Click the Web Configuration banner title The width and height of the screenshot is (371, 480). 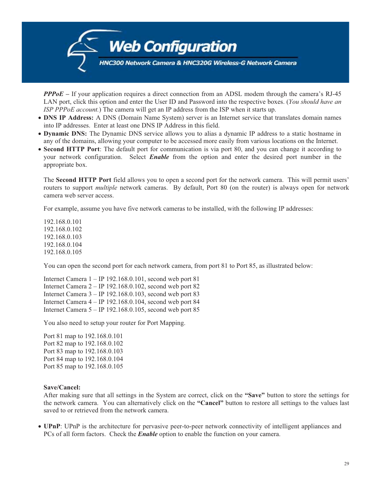point(173,47)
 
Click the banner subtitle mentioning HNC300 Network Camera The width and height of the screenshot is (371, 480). point(198,63)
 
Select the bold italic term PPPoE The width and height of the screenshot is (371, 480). point(53,94)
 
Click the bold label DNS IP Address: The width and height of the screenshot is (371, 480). point(68,118)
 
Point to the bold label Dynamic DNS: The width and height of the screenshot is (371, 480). point(65,134)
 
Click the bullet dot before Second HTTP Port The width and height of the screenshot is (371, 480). point(40,150)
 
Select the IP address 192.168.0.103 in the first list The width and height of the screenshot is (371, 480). point(63,237)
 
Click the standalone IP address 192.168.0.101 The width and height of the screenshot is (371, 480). point(63,222)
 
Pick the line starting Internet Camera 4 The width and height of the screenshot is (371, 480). point(121,302)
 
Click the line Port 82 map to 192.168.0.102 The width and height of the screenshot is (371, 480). point(83,344)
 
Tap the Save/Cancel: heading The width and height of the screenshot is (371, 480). point(62,387)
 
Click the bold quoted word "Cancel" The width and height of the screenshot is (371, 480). point(210,403)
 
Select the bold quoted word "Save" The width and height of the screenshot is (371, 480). point(255,395)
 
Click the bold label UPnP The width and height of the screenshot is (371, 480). point(52,426)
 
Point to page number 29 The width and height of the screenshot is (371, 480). point(346,464)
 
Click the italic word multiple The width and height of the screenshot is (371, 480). point(106,188)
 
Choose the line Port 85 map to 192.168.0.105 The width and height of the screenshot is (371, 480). point(83,367)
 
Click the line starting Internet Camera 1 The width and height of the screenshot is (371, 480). point(121,279)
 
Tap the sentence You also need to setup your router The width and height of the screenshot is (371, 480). point(114,323)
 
